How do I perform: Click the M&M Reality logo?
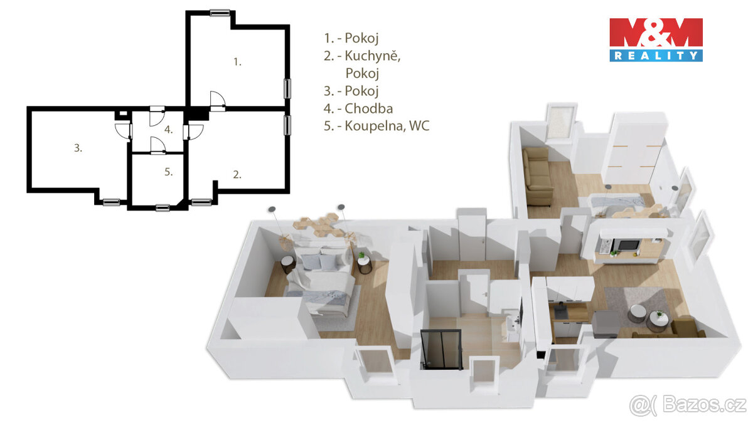656,39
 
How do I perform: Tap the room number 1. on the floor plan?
237,62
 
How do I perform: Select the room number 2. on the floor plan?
237,175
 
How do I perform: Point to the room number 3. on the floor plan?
78,149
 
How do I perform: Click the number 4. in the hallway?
168,130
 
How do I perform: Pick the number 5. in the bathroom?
168,172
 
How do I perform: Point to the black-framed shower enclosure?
442,348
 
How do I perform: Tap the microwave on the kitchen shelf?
624,244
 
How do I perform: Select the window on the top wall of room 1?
220,12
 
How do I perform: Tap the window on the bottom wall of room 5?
163,207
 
